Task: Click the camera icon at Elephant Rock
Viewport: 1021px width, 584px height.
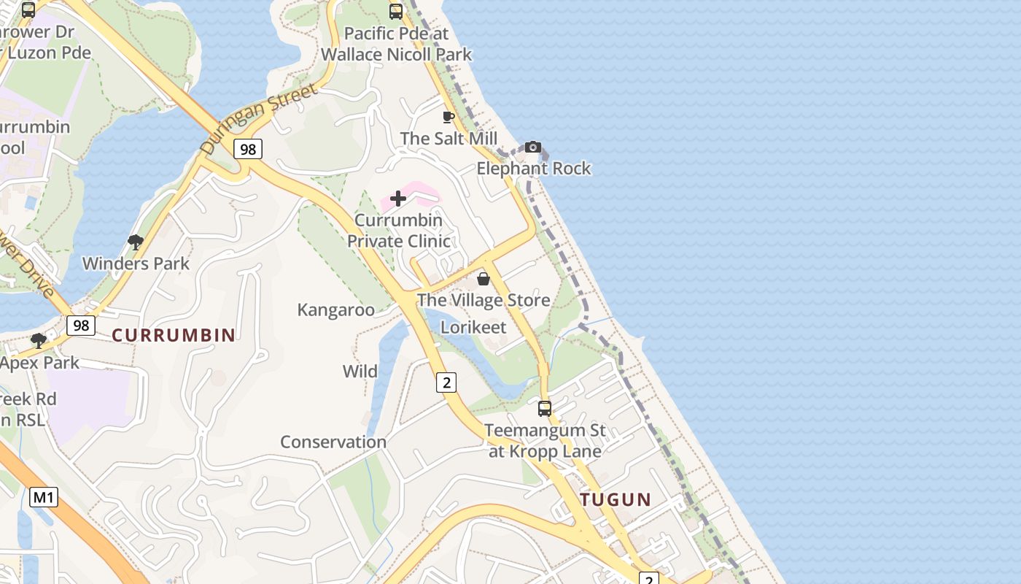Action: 533,147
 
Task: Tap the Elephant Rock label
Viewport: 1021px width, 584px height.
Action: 533,169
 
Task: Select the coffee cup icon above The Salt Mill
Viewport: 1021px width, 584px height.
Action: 449,117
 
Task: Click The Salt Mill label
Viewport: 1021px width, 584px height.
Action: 449,139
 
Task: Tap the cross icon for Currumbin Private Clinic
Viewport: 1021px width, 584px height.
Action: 398,199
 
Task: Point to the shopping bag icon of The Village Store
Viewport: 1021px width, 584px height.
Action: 483,279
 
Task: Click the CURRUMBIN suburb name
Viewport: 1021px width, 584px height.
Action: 174,335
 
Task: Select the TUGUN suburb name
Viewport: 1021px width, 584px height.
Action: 616,499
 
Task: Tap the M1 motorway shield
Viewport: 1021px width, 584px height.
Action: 44,498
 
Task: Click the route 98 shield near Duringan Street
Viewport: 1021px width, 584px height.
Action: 248,150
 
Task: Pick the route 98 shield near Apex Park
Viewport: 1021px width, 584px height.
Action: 80,325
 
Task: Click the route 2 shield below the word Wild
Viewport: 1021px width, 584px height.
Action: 446,382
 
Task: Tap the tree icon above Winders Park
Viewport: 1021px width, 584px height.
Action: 135,242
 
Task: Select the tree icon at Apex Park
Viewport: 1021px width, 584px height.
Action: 39,341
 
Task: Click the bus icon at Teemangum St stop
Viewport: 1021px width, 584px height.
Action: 545,409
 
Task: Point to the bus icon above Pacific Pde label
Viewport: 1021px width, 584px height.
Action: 396,11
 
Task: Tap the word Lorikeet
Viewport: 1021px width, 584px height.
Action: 473,327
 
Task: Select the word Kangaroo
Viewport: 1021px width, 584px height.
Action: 335,310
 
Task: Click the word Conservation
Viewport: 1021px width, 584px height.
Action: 333,442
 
